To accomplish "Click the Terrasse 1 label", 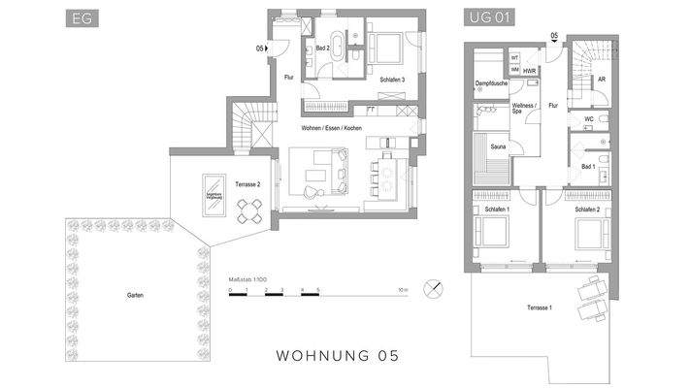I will [541, 307].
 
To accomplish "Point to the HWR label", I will [530, 72].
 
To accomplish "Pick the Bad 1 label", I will [587, 166].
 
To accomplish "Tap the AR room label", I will [602, 80].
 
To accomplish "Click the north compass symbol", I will [431, 287].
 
